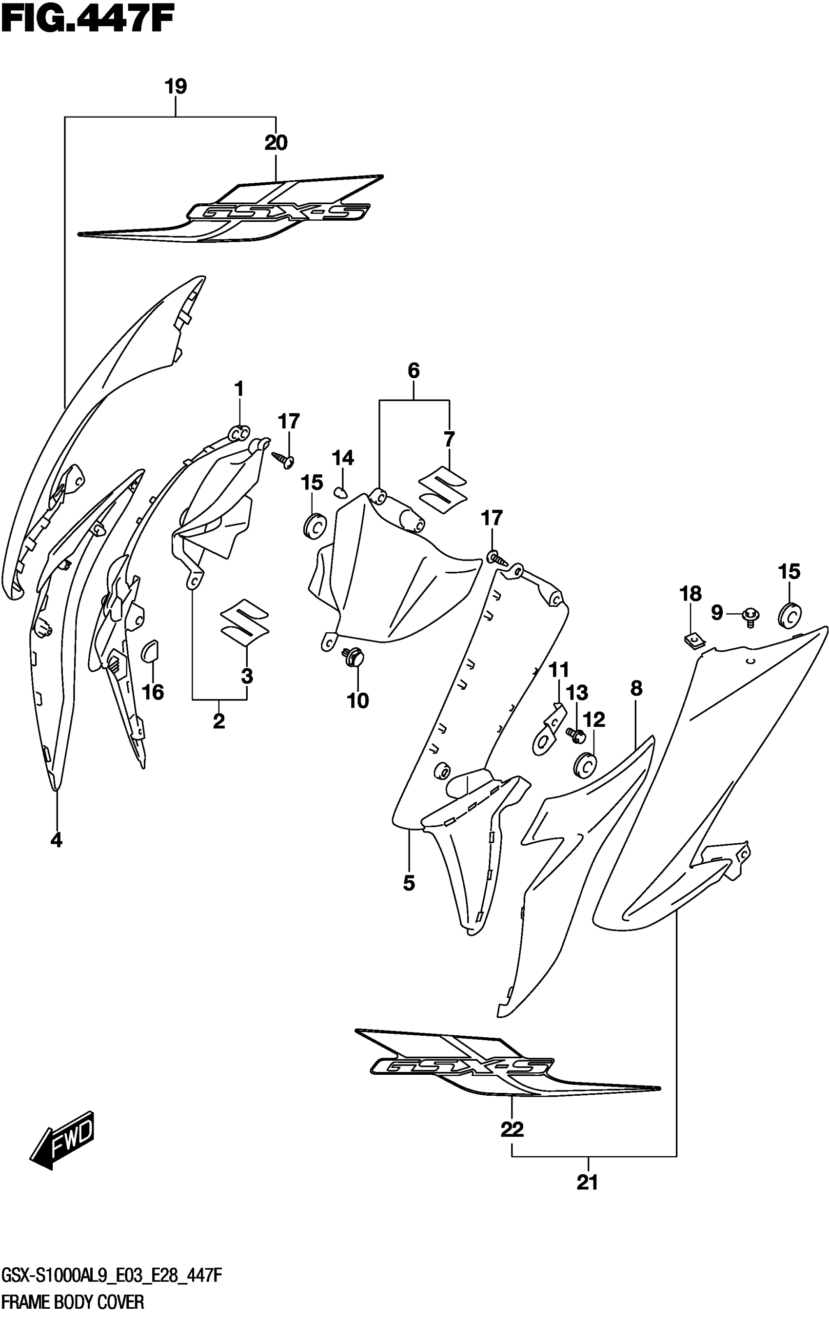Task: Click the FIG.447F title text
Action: pyautogui.click(x=88, y=21)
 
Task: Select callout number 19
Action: pyautogui.click(x=176, y=86)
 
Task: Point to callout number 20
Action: pyautogui.click(x=276, y=143)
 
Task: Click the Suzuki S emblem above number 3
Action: pyautogui.click(x=244, y=620)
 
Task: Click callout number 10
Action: pyautogui.click(x=357, y=700)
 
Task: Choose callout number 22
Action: pyautogui.click(x=512, y=1128)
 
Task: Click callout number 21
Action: pyautogui.click(x=587, y=1183)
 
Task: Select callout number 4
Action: pyautogui.click(x=57, y=840)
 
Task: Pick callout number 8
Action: pyautogui.click(x=636, y=689)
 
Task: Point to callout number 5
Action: pyautogui.click(x=409, y=882)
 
